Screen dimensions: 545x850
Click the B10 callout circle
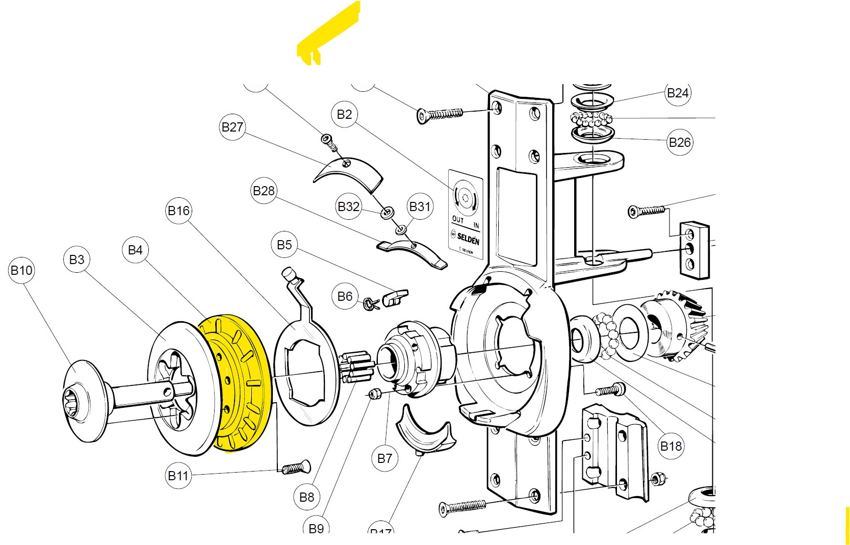(21, 270)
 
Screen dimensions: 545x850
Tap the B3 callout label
(76, 259)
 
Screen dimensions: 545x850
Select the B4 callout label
(135, 250)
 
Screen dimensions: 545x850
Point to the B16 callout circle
(178, 211)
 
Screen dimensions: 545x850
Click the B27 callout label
(233, 127)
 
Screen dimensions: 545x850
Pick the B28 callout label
(264, 191)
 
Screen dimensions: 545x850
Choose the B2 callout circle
(344, 114)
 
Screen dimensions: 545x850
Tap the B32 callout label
(349, 206)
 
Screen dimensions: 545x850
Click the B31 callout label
(420, 206)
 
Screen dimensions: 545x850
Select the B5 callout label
(284, 245)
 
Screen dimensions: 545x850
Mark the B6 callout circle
(345, 296)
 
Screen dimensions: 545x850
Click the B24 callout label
(678, 93)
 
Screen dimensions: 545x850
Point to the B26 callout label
(679, 142)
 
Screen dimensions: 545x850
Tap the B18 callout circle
(671, 446)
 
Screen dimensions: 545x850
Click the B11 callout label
(178, 476)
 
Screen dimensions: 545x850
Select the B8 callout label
(306, 497)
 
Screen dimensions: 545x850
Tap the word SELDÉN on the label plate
(468, 237)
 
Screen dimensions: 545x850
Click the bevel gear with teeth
(673, 326)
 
